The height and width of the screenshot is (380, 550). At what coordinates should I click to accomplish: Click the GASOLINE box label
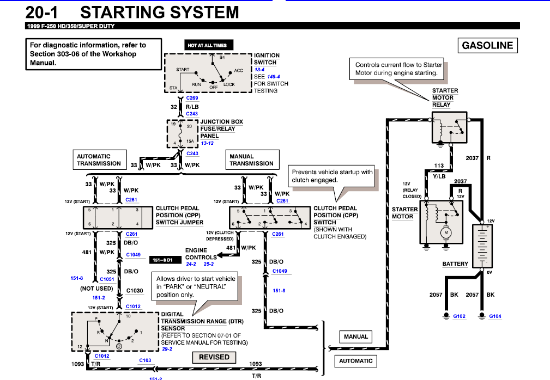[x=487, y=46]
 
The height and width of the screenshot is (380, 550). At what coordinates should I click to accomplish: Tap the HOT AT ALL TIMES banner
[x=207, y=46]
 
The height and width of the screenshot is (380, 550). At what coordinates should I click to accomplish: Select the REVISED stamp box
[x=214, y=357]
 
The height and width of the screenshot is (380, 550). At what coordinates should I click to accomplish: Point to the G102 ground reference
[x=460, y=316]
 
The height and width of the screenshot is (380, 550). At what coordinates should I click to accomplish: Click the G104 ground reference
[x=495, y=316]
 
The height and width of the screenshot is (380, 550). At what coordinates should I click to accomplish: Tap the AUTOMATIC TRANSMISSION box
[x=99, y=160]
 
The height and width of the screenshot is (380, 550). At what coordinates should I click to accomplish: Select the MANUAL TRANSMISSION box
[x=251, y=160]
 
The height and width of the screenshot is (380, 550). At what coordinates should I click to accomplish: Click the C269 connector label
[x=192, y=98]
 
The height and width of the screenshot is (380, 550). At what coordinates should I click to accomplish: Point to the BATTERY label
[x=455, y=264]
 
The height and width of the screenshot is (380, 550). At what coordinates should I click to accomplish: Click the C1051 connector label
[x=107, y=278]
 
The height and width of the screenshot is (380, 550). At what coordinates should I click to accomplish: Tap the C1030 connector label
[x=135, y=291]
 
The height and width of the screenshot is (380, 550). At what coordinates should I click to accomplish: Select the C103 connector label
[x=145, y=360]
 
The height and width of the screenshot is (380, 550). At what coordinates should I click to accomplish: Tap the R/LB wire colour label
[x=192, y=107]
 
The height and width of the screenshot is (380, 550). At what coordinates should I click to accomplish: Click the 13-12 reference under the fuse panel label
[x=208, y=143]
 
